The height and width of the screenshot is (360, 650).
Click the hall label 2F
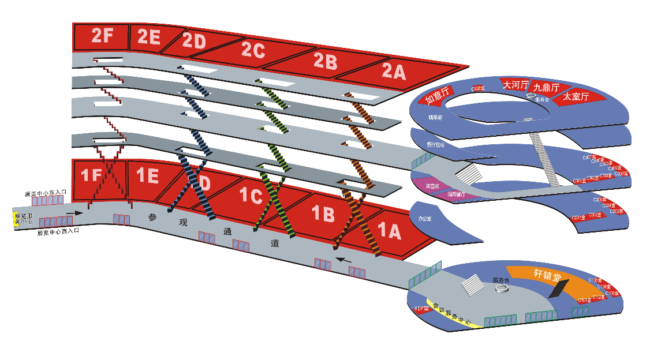(102, 36)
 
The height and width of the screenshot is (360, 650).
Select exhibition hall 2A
(394, 72)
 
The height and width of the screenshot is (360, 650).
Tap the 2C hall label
(253, 51)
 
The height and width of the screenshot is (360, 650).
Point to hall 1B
(323, 214)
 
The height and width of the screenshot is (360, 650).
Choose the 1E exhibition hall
(147, 175)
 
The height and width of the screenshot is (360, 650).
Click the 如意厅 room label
(438, 96)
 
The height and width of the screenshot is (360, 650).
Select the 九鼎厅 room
(546, 88)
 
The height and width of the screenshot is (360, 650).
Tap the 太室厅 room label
(576, 97)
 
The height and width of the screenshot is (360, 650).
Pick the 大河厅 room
(515, 84)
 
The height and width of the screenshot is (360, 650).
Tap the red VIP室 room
(421, 309)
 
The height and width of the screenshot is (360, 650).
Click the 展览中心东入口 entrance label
(46, 193)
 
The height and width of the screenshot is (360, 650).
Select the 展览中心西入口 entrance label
(58, 232)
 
